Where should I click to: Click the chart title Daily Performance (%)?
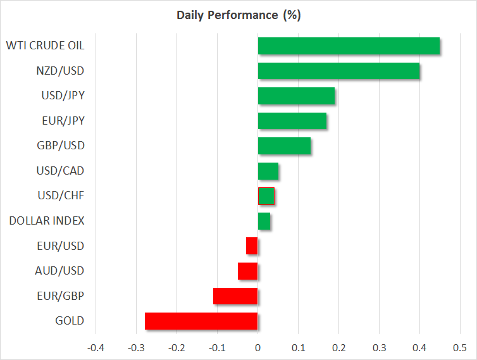click(238, 15)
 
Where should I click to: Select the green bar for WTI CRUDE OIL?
click(349, 46)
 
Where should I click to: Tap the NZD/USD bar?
click(338, 71)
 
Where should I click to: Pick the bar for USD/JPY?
click(296, 96)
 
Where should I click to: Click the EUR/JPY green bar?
click(292, 121)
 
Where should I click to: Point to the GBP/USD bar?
click(284, 146)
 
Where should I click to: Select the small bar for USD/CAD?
click(268, 171)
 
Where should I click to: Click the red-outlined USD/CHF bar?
click(266, 196)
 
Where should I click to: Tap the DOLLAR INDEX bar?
click(264, 221)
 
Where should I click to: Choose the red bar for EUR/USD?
click(252, 245)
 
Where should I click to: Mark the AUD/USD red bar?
click(247, 271)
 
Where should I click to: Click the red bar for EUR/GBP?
click(235, 295)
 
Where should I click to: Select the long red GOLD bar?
click(201, 321)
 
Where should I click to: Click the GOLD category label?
click(70, 321)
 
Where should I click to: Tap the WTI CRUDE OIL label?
click(45, 46)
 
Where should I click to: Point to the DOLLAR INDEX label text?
click(47, 221)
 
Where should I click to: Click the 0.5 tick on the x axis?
click(460, 348)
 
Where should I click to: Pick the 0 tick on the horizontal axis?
click(257, 348)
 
